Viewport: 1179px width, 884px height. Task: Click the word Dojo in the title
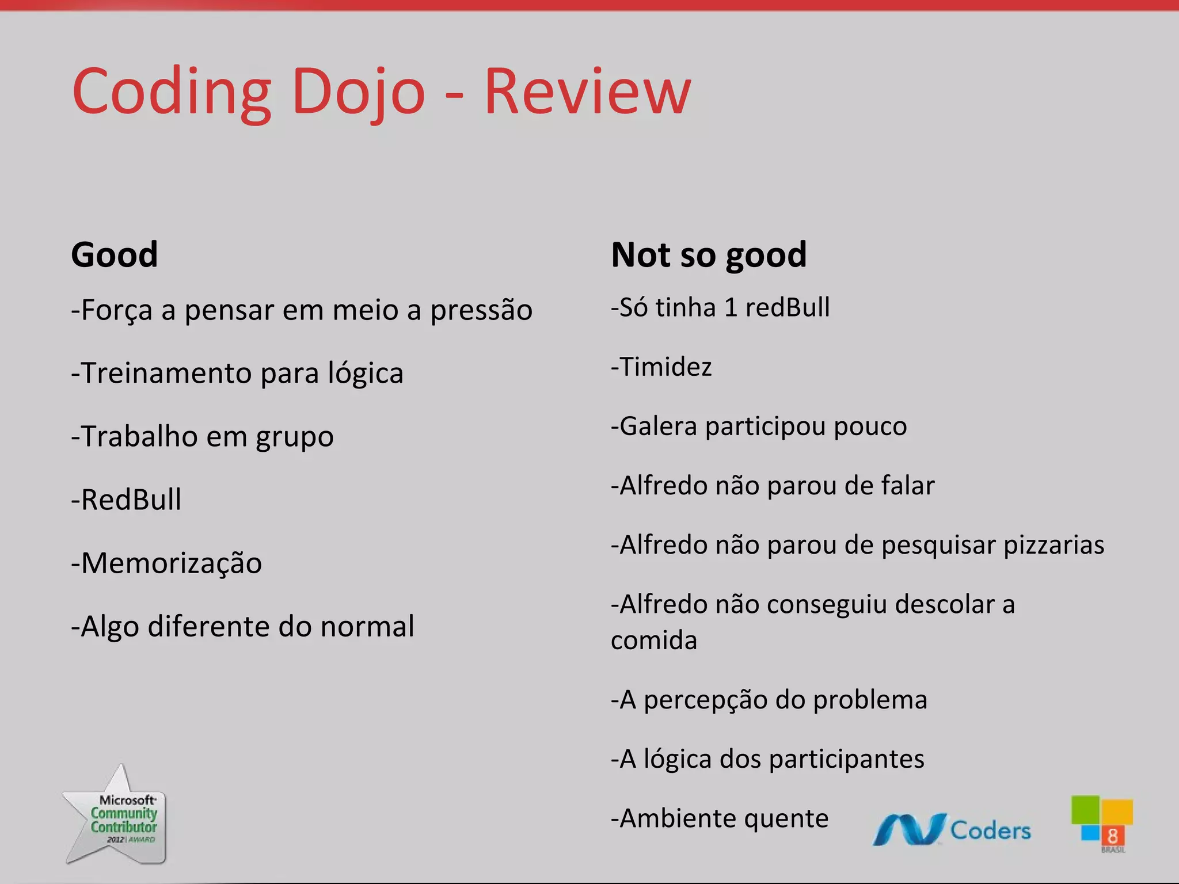(x=358, y=92)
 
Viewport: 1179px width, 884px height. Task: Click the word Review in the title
(x=587, y=92)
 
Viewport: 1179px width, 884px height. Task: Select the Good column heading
(x=114, y=254)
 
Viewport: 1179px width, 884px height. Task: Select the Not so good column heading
(x=709, y=254)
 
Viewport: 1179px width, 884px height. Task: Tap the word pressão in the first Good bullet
(x=481, y=311)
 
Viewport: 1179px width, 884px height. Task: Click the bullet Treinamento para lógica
(x=237, y=374)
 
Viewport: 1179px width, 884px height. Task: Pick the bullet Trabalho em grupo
(x=202, y=436)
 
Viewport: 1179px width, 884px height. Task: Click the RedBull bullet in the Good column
(x=126, y=500)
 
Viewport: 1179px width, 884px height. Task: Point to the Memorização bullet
(x=166, y=563)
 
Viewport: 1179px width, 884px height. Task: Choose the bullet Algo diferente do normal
(x=242, y=626)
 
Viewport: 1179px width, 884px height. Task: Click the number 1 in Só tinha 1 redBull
(x=731, y=308)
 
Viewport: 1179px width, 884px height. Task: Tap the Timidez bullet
(x=661, y=367)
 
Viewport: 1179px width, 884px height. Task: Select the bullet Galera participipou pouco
(x=759, y=426)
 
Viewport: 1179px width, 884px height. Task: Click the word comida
(x=654, y=641)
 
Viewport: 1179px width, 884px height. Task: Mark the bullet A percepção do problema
(x=769, y=700)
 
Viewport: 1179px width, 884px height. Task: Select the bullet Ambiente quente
(x=720, y=818)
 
